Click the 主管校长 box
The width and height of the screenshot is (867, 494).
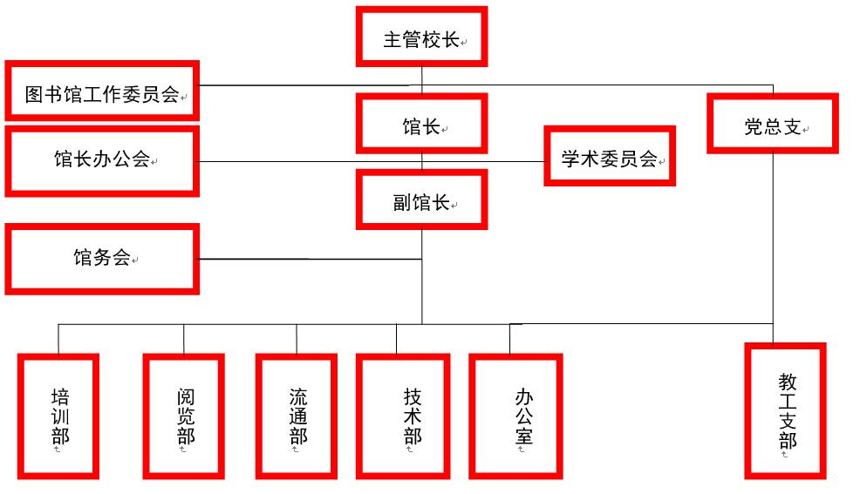(x=421, y=37)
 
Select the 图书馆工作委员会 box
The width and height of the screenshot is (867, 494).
(x=102, y=91)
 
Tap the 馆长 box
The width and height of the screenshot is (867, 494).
(x=421, y=124)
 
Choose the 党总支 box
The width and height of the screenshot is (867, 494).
(x=772, y=124)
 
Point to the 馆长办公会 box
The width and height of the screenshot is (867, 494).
(x=102, y=161)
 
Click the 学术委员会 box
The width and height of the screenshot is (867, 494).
(x=610, y=157)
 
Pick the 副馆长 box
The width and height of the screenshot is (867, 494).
(x=421, y=200)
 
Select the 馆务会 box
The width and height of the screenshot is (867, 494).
(x=102, y=259)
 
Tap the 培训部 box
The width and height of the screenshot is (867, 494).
(x=59, y=416)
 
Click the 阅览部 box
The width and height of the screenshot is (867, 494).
(x=184, y=416)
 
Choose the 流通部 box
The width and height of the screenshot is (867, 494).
(x=297, y=416)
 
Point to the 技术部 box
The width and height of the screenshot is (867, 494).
(x=403, y=416)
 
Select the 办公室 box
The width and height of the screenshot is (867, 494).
(x=515, y=416)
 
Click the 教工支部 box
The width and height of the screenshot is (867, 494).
(x=786, y=410)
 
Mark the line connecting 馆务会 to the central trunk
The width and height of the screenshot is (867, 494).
(x=310, y=259)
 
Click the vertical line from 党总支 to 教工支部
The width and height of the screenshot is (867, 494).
(x=773, y=244)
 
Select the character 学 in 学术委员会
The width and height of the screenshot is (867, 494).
(x=571, y=159)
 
